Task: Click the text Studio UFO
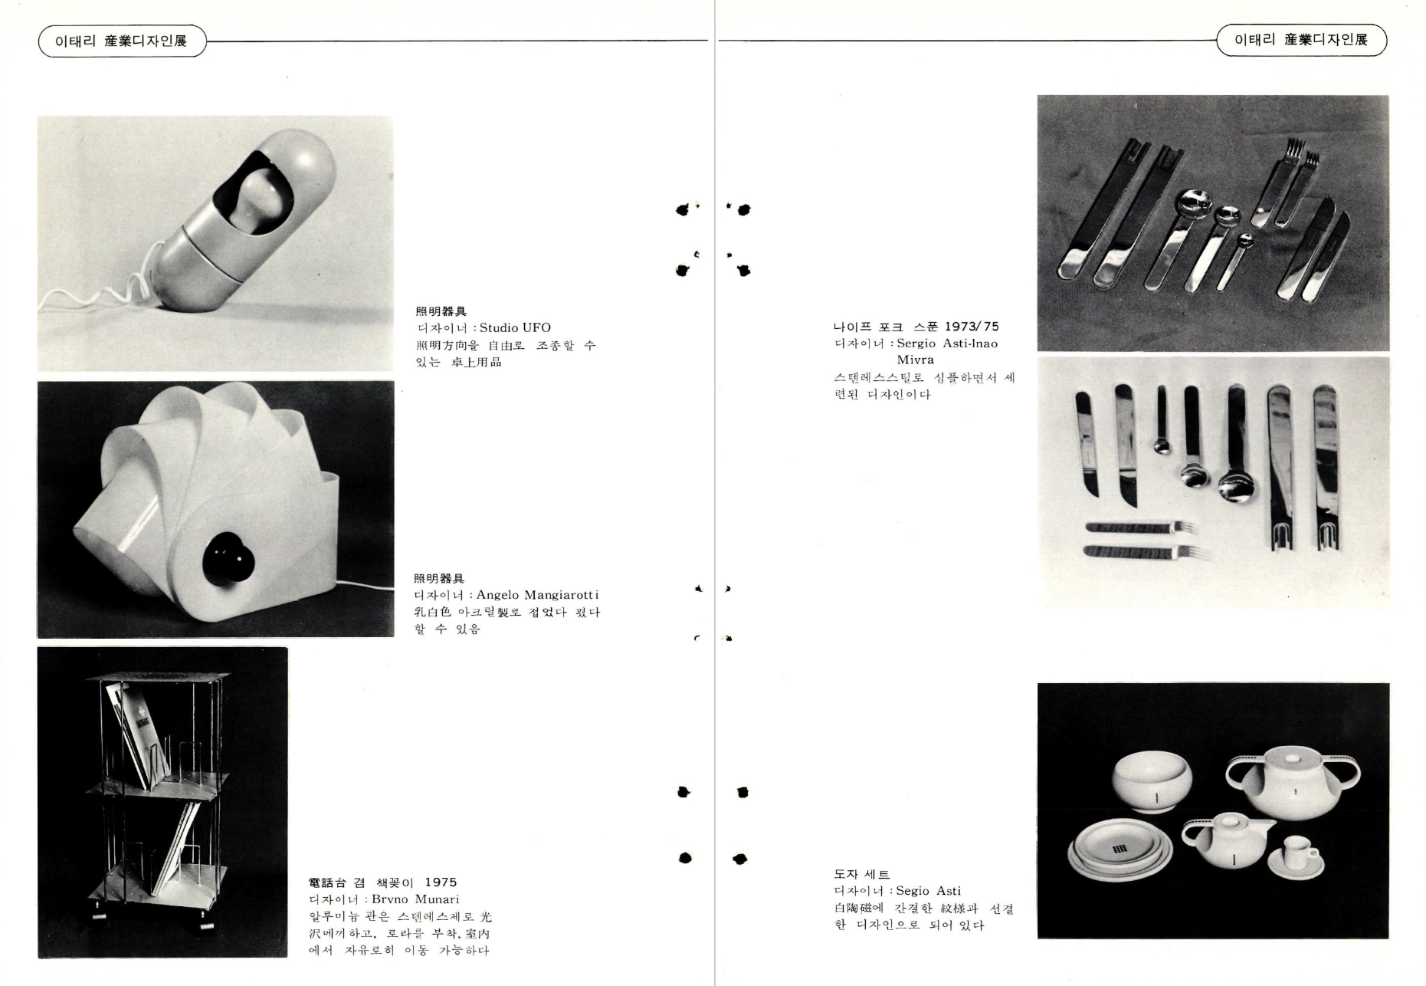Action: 515,328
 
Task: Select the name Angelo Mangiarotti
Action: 537,595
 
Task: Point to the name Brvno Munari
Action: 415,899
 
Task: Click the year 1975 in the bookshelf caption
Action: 441,882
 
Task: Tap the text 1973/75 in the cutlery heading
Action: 972,327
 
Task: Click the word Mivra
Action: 916,360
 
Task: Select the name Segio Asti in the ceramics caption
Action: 928,891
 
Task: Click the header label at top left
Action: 122,41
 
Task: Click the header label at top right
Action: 1301,40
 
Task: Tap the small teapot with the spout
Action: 1225,840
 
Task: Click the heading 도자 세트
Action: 862,874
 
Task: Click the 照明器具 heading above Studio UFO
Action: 441,311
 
